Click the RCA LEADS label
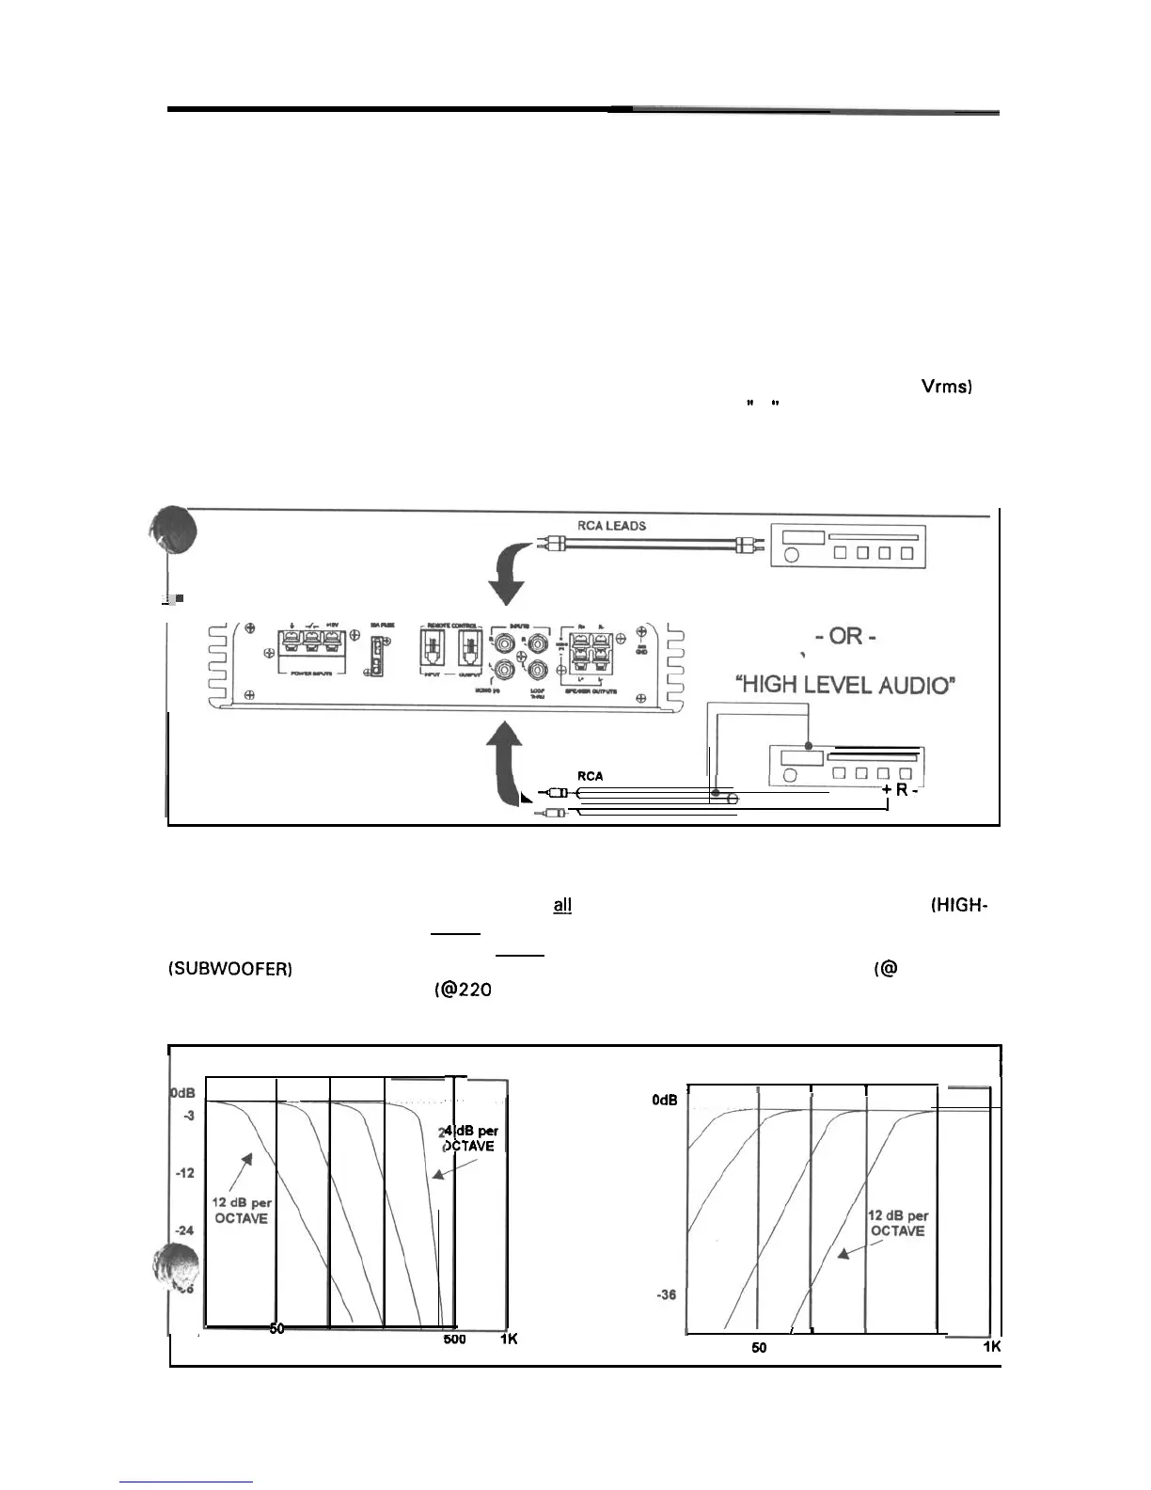pos(611,526)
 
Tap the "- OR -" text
pos(845,636)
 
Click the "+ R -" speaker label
pos(900,789)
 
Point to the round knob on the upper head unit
pos(791,553)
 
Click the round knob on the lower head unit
pos(790,775)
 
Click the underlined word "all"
pos(562,905)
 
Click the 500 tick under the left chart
pos(454,1339)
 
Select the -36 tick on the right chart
pos(666,1295)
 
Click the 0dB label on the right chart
pos(665,1100)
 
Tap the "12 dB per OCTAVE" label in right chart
pos(897,1223)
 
